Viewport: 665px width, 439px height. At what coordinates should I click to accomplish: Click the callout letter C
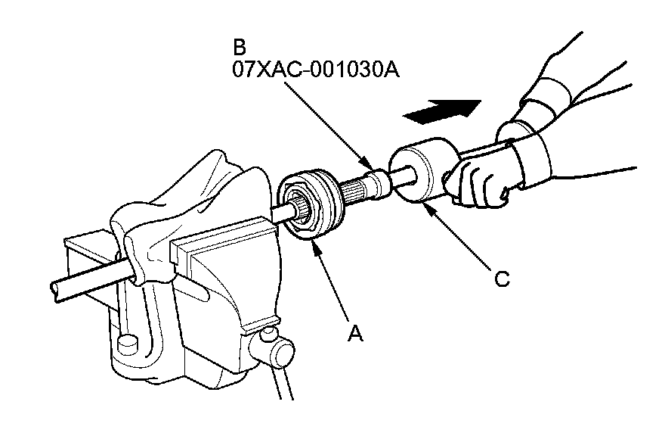tap(501, 279)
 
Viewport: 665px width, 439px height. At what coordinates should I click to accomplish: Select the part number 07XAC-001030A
tap(316, 70)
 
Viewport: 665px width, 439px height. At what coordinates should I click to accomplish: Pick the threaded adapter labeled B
tap(376, 182)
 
